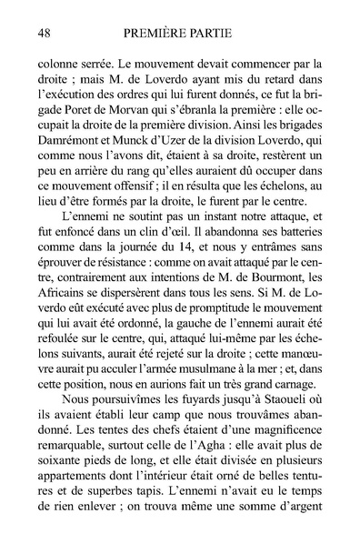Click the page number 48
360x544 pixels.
point(43,32)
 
